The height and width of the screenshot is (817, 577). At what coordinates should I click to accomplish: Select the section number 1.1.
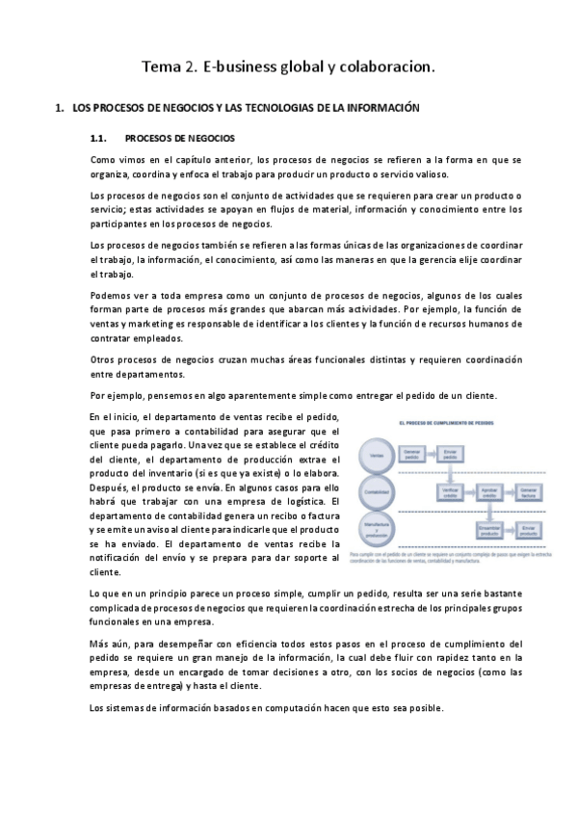coord(101,138)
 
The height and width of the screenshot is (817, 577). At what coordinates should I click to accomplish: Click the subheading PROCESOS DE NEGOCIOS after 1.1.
coord(180,138)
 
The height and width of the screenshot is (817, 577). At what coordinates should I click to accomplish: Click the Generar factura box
coord(529,490)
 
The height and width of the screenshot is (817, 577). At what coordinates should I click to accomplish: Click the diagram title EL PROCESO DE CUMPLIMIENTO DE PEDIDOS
coord(445,423)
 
